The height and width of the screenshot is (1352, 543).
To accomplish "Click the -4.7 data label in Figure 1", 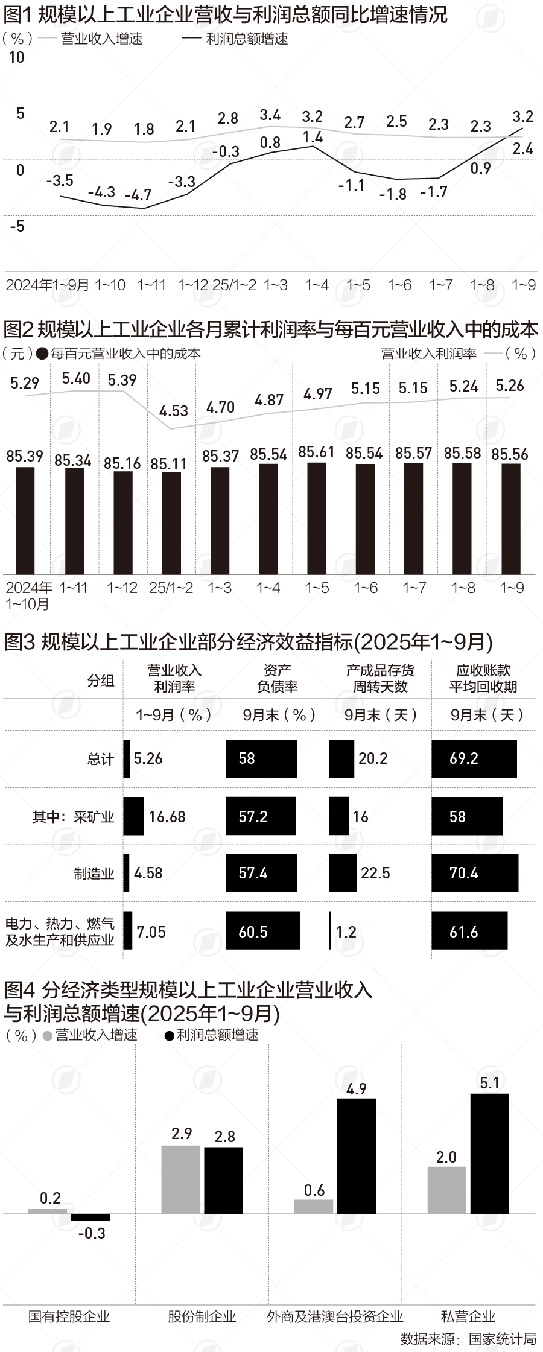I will [x=138, y=195].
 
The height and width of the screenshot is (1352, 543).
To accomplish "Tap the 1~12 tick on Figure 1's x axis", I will [x=193, y=285].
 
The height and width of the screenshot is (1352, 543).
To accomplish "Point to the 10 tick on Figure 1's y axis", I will [x=16, y=58].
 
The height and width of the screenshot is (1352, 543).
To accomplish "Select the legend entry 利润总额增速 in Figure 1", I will [x=247, y=39].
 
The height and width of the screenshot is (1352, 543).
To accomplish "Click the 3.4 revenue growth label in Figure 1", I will [x=270, y=115].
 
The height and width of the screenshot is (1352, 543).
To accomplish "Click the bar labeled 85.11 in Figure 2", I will [x=171, y=522].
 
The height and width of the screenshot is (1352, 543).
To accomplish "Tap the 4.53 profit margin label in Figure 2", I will [x=174, y=411].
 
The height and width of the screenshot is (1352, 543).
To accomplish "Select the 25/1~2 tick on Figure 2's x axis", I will [x=171, y=588].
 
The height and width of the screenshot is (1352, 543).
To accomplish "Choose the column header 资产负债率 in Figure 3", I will [x=278, y=678].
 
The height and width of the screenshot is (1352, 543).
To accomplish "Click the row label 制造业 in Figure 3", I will [x=94, y=874].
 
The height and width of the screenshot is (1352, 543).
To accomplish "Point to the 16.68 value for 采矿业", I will [x=167, y=817].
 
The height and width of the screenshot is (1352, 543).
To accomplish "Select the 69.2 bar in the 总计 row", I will [x=474, y=758].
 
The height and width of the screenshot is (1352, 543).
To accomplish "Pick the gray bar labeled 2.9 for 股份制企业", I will [x=180, y=1179].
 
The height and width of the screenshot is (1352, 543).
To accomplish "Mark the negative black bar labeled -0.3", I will [x=91, y=1217].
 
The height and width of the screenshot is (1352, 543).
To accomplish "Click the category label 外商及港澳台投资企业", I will [x=335, y=1316].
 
